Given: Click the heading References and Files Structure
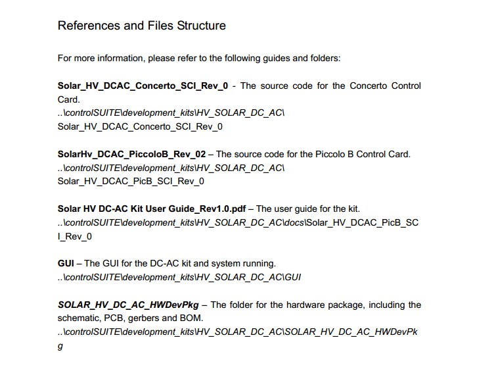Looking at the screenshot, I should point(142,26).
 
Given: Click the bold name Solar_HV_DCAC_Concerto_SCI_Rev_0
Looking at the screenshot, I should point(143,86).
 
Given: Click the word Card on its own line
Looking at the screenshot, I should point(68,99).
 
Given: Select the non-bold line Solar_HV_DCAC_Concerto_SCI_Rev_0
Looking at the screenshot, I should point(140,127).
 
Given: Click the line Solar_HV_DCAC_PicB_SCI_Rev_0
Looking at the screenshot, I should point(131,182).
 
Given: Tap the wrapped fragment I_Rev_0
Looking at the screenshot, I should point(75,236).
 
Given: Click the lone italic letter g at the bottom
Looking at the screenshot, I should point(60,346).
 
